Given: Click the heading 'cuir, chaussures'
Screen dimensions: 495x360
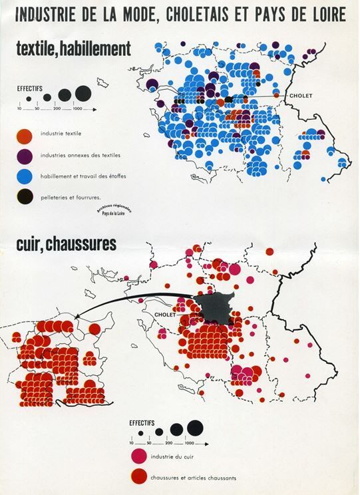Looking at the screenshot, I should pyautogui.click(x=66, y=244).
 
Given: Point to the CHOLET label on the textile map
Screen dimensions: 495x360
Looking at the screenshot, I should pyautogui.click(x=301, y=96).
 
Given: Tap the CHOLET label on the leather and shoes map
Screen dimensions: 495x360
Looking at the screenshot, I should pyautogui.click(x=164, y=315).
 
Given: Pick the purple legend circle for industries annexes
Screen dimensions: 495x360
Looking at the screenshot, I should pyautogui.click(x=25, y=156).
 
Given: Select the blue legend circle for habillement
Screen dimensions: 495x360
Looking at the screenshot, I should pyautogui.click(x=25, y=176).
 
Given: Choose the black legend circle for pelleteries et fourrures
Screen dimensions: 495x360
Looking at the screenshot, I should pyautogui.click(x=25, y=197).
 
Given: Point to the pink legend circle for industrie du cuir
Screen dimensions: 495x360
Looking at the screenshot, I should pyautogui.click(x=138, y=456).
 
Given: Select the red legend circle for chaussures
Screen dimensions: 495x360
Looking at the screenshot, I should pyautogui.click(x=138, y=477).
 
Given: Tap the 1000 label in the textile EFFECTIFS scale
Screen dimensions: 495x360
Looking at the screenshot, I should pyautogui.click(x=77, y=108).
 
